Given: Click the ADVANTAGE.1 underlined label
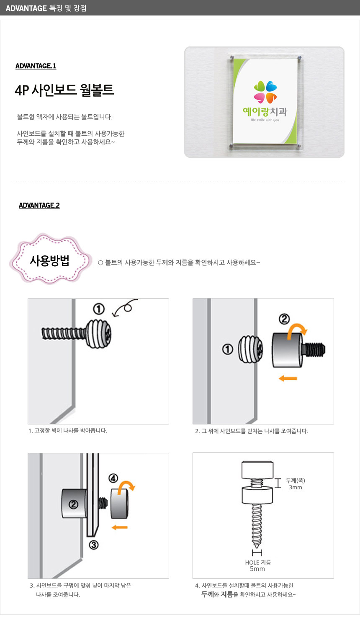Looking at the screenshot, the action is coord(36,66).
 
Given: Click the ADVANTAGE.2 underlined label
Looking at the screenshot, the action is coord(39,206).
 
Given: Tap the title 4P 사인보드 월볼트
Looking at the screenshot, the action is coord(64,90).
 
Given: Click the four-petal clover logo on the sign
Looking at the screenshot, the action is coord(265,92).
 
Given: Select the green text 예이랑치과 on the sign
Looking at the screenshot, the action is coord(265,111).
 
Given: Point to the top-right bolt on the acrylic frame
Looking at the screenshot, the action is coord(299,58).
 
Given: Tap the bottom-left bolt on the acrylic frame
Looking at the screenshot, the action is coord(231,146).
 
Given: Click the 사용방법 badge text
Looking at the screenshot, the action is coord(50,261).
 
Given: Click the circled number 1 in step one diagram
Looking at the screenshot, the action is coord(99,309).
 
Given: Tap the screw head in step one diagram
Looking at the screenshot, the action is coord(98,334).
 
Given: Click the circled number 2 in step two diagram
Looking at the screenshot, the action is coord(284,319).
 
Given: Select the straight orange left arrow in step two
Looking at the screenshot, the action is coord(288,378).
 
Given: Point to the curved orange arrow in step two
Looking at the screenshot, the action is coord(296,329).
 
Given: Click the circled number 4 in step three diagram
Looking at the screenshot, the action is coord(113,478).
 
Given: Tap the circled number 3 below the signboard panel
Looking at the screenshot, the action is coord(94,545).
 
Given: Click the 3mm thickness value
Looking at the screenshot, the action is coord(296,487).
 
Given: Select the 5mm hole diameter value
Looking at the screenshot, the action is coord(257,569).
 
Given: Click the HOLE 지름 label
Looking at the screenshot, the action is coord(258,562).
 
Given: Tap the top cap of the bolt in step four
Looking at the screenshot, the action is coord(257,470).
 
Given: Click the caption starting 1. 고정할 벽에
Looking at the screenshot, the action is coord(68,431).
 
